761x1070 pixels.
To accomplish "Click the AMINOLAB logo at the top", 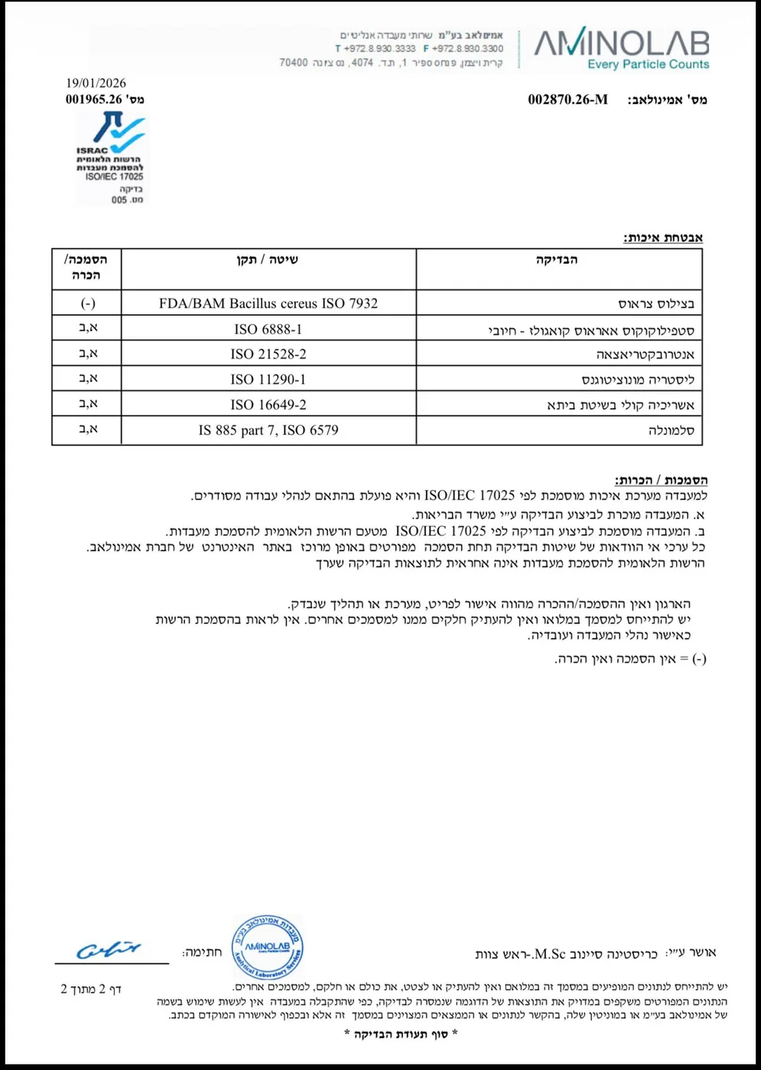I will pos(621,43).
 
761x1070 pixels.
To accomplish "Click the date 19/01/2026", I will pos(96,83).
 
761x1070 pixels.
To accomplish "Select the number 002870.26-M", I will pos(567,99).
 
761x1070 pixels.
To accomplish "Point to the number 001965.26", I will pos(94,99).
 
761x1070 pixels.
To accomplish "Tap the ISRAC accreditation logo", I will pos(112,157).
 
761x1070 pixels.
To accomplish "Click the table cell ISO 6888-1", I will pos(268,329).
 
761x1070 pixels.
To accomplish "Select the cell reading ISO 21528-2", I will pos(268,355).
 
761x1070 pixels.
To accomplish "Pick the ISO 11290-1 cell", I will pos(268,380).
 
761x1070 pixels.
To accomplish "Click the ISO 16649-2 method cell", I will pos(268,405).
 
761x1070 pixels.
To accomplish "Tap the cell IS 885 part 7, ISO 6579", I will pos(268,430).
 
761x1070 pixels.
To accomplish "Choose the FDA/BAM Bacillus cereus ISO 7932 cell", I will pos(268,303).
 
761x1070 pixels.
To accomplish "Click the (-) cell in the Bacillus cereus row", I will pos(88,303).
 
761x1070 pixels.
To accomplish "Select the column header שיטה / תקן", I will pos(267,260).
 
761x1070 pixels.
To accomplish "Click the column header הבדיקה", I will pos(557,260).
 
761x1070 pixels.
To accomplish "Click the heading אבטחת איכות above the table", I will pos(662,238).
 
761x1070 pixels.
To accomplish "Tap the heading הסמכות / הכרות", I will pos(661,480).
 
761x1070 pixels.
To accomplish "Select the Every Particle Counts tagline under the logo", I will pos(648,64).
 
